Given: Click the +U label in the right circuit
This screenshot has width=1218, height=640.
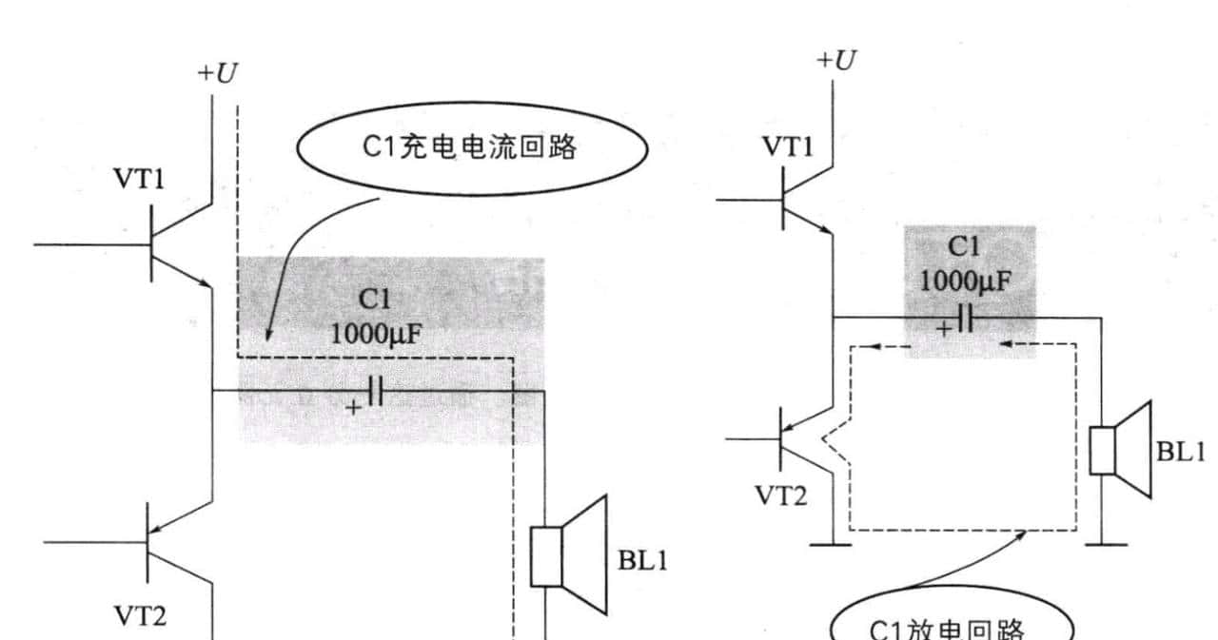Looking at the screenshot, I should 836,60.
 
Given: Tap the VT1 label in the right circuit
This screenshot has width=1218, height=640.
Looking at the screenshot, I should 788,146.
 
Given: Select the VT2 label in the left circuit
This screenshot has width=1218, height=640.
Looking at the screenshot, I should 141,617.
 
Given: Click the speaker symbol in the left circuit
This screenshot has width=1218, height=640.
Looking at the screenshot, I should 568,554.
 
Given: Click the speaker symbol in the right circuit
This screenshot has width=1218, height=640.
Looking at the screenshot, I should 1121,450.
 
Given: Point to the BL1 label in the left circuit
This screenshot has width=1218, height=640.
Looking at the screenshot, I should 643,560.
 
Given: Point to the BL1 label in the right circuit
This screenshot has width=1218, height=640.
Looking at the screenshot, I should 1182,451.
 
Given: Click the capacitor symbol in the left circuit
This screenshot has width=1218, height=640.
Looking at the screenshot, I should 375,391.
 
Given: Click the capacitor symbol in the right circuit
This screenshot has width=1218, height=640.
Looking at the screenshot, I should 966,317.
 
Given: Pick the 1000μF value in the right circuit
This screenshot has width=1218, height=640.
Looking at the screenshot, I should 965,281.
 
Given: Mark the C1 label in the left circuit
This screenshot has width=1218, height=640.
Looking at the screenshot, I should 374,300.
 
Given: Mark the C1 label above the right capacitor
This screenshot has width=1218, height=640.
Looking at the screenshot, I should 964,247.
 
